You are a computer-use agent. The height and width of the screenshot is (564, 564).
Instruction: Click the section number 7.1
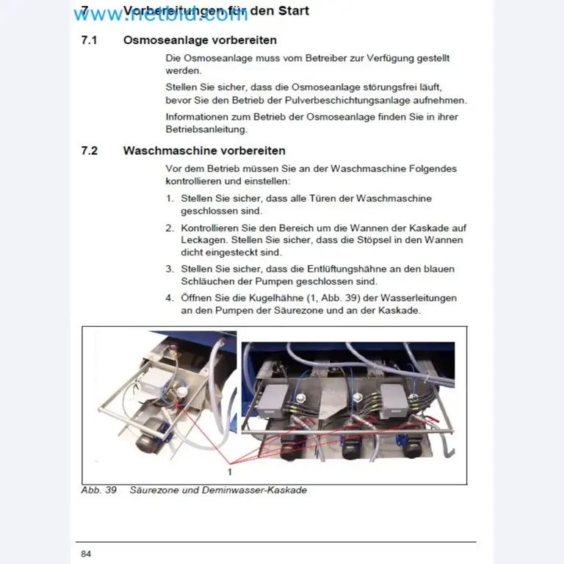point(89,40)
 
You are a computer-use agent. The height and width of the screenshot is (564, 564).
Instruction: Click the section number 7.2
point(89,151)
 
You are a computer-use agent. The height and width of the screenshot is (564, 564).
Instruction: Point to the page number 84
point(86,553)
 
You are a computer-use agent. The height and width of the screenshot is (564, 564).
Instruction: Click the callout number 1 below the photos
point(230,470)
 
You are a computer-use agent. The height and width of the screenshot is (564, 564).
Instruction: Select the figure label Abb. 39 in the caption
point(99,490)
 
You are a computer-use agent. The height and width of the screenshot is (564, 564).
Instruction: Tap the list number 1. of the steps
point(170,198)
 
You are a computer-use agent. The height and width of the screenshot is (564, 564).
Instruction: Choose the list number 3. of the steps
point(170,269)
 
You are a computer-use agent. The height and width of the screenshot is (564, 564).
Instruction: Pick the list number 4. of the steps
point(170,298)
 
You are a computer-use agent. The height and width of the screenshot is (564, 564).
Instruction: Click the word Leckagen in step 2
point(203,240)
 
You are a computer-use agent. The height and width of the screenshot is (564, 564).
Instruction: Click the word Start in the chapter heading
point(291,11)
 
